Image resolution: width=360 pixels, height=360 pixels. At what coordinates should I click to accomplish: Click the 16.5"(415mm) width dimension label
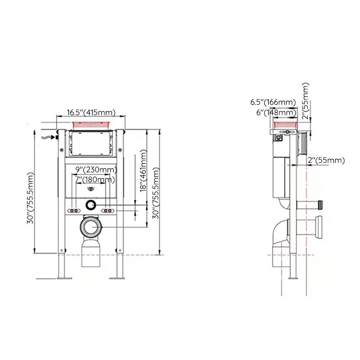point(91,112)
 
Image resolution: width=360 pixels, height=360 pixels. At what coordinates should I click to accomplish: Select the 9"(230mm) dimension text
point(96,170)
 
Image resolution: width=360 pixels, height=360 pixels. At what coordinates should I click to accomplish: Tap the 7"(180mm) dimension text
point(94,180)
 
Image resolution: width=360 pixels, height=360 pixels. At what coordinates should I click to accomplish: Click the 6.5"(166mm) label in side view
point(273,102)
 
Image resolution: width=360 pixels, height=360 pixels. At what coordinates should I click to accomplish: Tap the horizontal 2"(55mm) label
point(326,160)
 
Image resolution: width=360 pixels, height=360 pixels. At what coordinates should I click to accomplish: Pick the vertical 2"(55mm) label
point(306,101)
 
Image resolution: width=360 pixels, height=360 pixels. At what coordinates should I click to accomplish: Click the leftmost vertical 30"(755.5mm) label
point(31,198)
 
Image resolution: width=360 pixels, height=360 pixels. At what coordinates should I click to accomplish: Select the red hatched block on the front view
point(91,124)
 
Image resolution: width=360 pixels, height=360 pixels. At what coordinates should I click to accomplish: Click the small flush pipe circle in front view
point(91,205)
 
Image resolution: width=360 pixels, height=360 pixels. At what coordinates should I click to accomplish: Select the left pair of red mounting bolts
point(73,211)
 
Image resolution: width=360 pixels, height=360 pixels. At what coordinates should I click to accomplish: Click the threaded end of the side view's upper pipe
point(320,203)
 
